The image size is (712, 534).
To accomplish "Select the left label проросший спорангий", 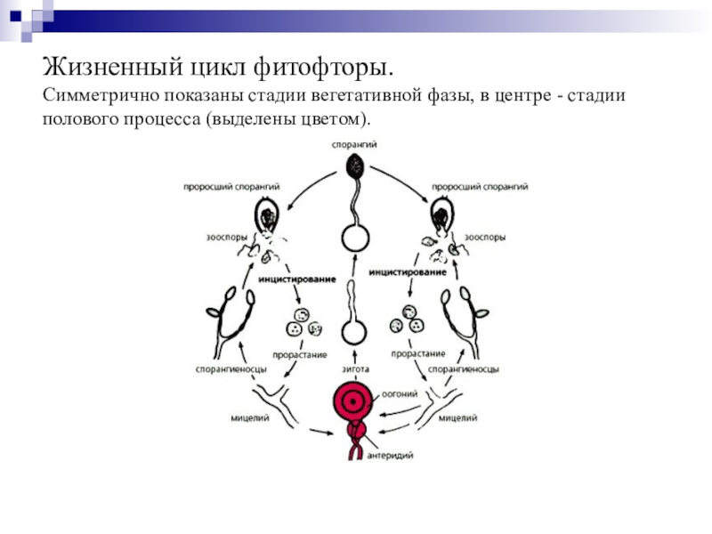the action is (232, 187).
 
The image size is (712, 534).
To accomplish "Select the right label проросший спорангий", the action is (480, 187).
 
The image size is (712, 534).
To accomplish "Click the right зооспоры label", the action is (488, 238).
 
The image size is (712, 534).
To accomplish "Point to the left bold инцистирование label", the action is (296, 279).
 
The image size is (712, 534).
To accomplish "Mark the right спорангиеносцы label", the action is (463, 368).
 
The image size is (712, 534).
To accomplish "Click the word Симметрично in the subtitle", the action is (95, 94).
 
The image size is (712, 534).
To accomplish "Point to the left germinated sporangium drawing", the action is (267, 216).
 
